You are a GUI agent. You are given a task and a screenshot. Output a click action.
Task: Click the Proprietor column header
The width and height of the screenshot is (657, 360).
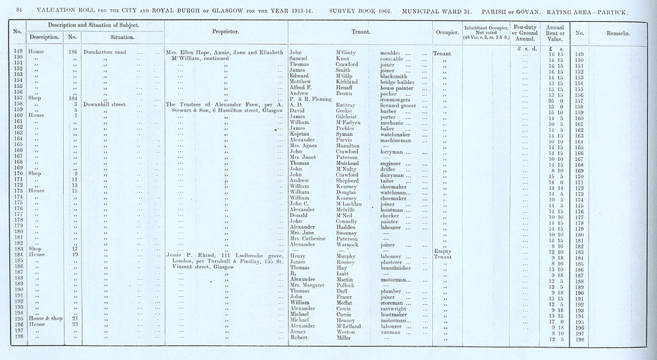coord(225,32)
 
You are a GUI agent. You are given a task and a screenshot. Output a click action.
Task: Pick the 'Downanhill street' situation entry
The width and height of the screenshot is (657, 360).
coord(107,104)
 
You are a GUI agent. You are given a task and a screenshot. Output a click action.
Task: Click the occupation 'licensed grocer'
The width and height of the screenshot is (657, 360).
coord(402,104)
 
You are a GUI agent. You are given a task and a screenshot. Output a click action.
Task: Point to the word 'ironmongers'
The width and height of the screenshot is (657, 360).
coord(397,98)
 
